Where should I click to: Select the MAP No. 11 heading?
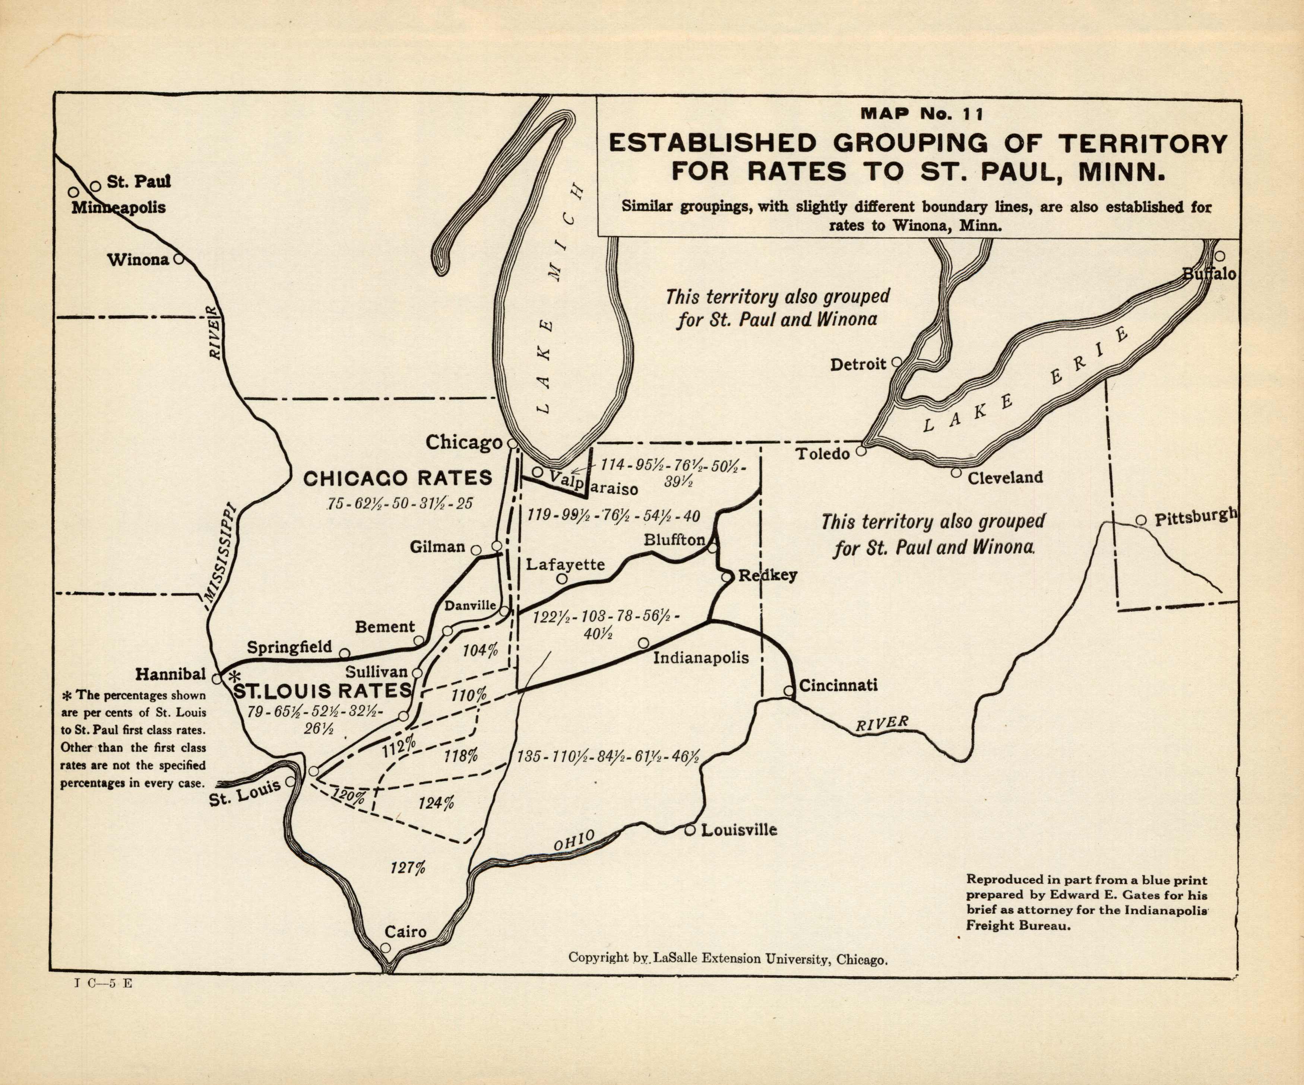click(x=921, y=114)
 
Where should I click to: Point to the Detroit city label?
click(x=858, y=365)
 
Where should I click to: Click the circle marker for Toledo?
click(x=861, y=451)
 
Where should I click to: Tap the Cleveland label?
click(x=1005, y=477)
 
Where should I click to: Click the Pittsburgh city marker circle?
click(x=1141, y=520)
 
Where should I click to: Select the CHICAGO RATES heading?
click(x=398, y=478)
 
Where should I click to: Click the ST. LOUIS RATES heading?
click(x=322, y=690)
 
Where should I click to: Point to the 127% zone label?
click(x=408, y=867)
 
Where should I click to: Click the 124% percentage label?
click(x=436, y=803)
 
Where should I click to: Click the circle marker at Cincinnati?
click(x=789, y=691)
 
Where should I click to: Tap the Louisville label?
click(x=739, y=830)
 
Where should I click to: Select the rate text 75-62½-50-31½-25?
click(x=400, y=503)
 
